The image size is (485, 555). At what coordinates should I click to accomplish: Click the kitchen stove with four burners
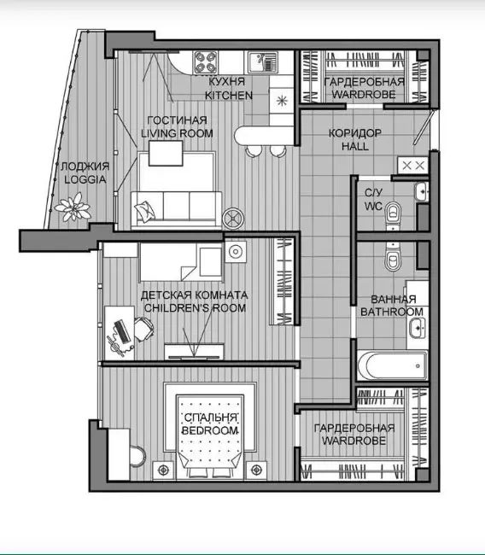[206, 62]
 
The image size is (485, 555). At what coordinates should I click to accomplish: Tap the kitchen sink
[263, 62]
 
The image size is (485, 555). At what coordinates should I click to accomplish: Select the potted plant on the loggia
[73, 207]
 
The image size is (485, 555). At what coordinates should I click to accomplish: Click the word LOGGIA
[85, 179]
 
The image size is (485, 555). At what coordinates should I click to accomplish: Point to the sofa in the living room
[176, 210]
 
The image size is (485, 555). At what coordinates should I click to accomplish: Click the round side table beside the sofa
[233, 218]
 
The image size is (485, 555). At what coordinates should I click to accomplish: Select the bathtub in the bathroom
[392, 365]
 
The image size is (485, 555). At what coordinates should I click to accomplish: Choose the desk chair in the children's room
[143, 329]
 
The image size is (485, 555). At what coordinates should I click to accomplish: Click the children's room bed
[182, 262]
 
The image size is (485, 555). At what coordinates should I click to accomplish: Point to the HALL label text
[355, 146]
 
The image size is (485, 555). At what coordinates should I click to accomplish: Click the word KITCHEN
[229, 96]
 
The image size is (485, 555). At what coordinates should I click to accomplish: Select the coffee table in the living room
[166, 153]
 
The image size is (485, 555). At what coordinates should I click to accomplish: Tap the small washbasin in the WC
[422, 191]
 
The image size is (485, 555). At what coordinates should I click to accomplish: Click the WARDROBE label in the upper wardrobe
[364, 94]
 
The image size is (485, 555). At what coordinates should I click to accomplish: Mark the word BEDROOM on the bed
[210, 430]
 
